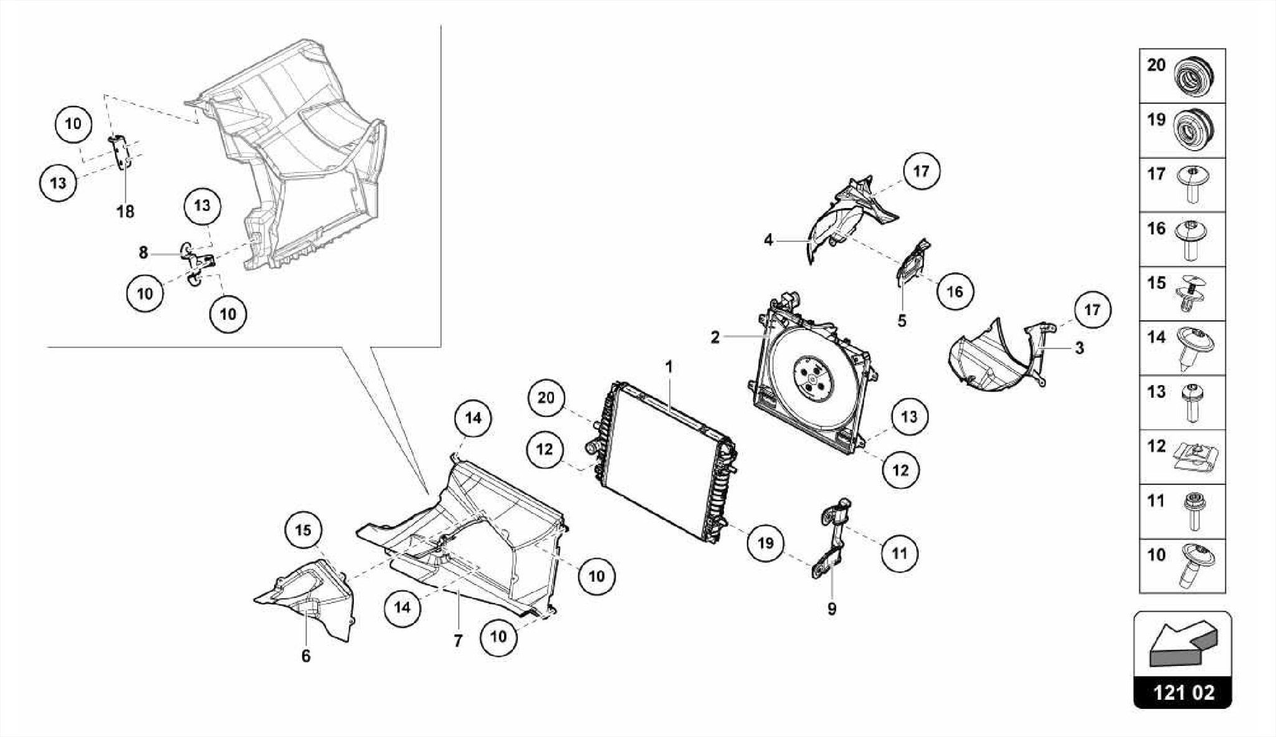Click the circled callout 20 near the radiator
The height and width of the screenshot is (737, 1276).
[546, 397]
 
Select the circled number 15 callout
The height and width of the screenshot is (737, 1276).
[303, 530]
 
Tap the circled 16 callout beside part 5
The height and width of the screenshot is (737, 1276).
[955, 291]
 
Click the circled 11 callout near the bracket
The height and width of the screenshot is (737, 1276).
[899, 553]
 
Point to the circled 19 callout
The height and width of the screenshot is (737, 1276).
[765, 543]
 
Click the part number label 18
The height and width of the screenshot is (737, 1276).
[125, 212]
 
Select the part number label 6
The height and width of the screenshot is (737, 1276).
[306, 656]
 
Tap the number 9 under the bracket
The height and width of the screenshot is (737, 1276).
[832, 609]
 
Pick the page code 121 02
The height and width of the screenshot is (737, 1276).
[1183, 693]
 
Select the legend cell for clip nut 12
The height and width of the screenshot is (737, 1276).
[1182, 457]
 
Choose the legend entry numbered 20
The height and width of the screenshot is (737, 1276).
[1182, 75]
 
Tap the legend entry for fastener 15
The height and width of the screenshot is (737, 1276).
[1182, 293]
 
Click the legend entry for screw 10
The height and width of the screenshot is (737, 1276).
[1182, 566]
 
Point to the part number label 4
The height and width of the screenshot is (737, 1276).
[768, 240]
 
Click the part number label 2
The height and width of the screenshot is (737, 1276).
[715, 337]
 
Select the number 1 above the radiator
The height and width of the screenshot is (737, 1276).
[669, 367]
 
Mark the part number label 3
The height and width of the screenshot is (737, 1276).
[1079, 348]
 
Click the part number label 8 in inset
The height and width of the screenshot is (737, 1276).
[143, 252]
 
